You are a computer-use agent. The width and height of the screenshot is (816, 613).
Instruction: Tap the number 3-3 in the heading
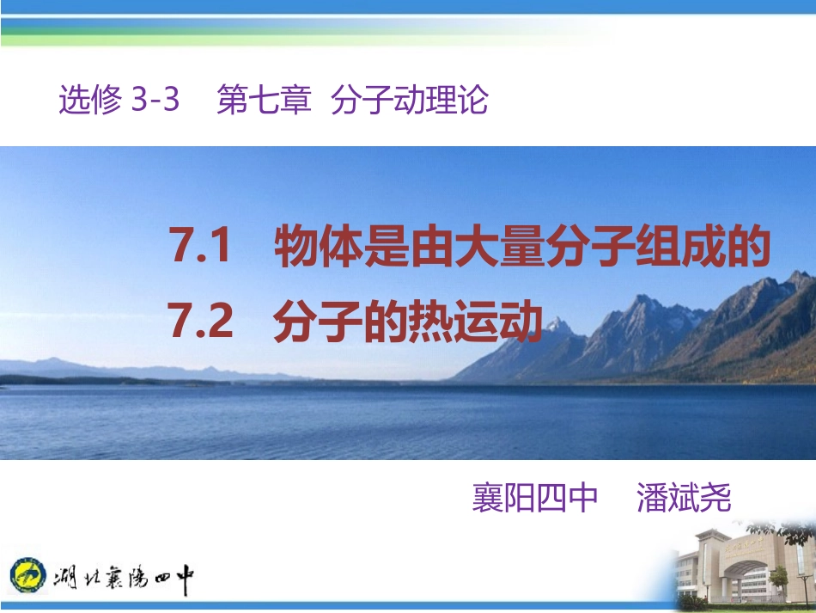click(x=155, y=101)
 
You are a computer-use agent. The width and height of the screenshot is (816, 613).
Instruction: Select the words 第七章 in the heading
click(x=264, y=101)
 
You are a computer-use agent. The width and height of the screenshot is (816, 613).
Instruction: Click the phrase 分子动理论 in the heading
click(x=409, y=101)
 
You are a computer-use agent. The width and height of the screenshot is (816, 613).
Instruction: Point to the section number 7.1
click(x=202, y=248)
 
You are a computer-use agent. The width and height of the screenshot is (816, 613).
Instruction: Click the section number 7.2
click(x=202, y=322)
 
